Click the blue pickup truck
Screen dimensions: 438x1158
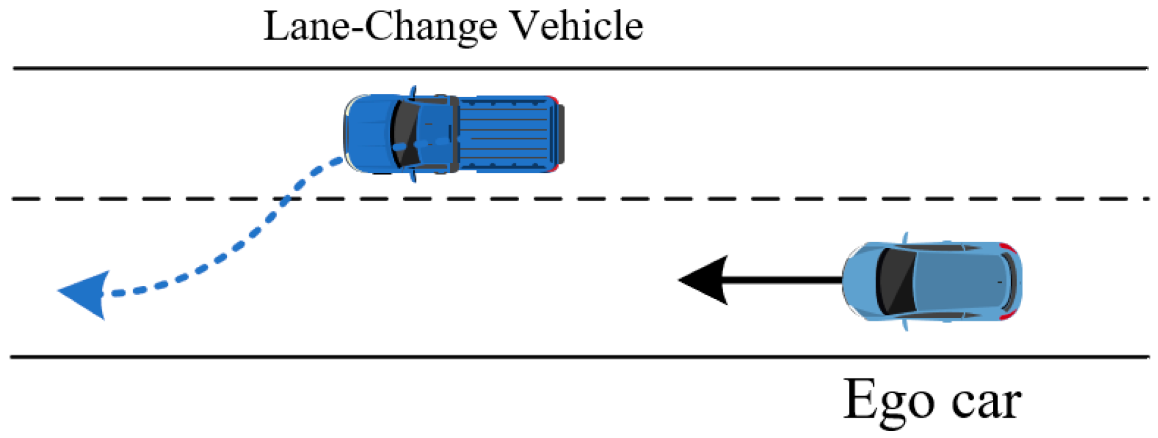(x=453, y=133)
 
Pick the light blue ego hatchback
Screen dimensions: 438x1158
(x=932, y=280)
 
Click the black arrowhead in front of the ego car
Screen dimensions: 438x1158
(x=704, y=280)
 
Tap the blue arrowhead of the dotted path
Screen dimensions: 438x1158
(x=84, y=293)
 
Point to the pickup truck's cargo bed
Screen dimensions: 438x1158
(x=507, y=133)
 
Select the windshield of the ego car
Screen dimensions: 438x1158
(x=894, y=280)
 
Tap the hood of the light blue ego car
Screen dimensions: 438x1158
(x=859, y=280)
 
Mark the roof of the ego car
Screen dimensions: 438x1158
(x=957, y=280)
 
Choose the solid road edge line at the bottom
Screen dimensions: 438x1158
(x=634, y=357)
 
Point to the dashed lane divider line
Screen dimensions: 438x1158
(x=697, y=199)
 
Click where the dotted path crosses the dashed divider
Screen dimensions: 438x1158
(x=284, y=199)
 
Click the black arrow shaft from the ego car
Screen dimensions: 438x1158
(x=786, y=280)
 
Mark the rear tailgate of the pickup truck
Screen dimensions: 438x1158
(x=560, y=133)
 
